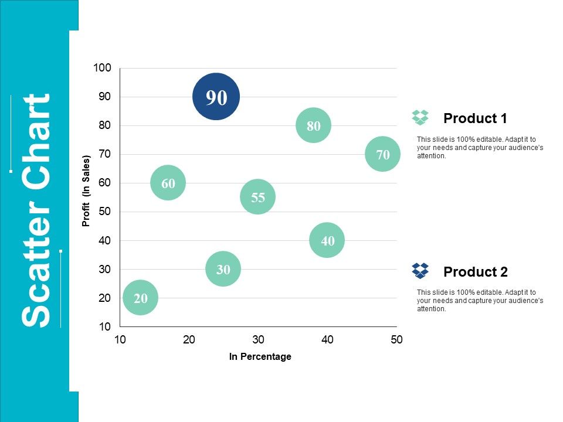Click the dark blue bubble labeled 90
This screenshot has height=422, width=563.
(216, 97)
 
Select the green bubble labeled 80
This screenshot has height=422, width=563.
(313, 125)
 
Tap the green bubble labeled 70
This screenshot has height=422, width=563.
(382, 154)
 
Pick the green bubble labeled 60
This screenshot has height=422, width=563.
(168, 183)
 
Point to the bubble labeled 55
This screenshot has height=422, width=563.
(258, 197)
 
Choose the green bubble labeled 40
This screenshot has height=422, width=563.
(327, 240)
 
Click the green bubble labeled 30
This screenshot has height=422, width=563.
(223, 269)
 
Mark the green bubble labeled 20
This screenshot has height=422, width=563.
(140, 298)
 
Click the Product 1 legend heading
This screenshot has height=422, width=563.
(475, 118)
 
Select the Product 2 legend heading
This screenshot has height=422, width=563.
(476, 272)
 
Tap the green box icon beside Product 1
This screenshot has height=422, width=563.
(420, 117)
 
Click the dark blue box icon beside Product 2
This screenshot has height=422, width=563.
(420, 271)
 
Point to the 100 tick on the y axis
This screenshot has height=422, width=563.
(102, 68)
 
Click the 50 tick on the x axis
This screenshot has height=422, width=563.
(396, 340)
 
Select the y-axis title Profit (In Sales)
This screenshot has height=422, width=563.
(86, 191)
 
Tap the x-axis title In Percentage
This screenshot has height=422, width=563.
(260, 356)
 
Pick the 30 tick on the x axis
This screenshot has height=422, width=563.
(258, 340)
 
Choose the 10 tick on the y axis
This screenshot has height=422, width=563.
(104, 326)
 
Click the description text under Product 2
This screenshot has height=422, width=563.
(480, 301)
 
